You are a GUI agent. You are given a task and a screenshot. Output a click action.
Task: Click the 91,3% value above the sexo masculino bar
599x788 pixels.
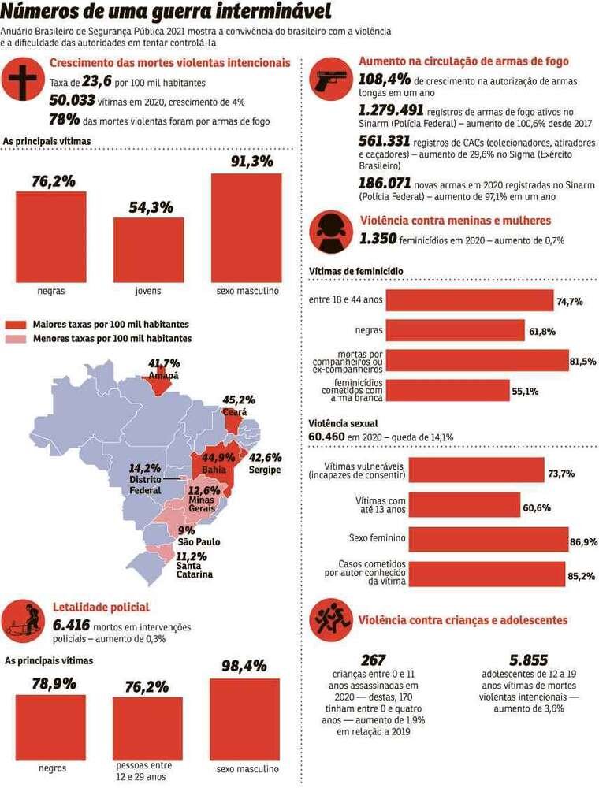[251, 162]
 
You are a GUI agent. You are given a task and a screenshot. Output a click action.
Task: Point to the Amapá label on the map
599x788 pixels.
[163, 376]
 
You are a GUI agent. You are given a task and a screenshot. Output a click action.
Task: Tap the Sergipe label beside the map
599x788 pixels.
[265, 470]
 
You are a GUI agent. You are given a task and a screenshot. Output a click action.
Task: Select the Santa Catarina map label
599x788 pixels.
[194, 569]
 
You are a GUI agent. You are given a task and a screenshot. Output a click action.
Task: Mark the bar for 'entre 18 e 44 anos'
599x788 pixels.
[469, 301]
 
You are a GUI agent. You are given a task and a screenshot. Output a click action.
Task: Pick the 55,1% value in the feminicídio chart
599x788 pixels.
[525, 392]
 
